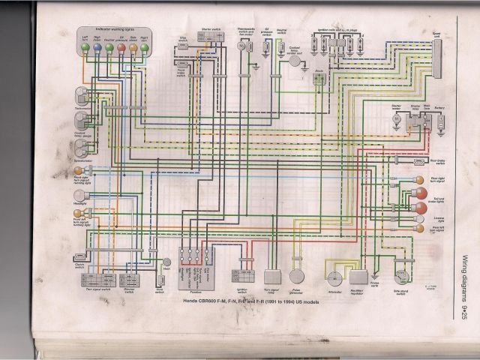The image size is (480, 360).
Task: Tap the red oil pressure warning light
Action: coord(121,46)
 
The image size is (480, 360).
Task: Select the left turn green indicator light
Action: coord(85,46)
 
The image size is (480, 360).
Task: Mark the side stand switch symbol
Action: coord(403,278)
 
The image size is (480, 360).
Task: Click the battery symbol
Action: coord(439,120)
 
